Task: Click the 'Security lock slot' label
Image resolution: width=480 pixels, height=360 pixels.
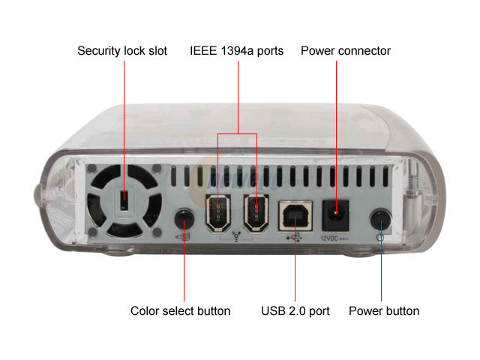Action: [x=122, y=51]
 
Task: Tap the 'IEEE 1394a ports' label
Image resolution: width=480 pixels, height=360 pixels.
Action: [x=236, y=51]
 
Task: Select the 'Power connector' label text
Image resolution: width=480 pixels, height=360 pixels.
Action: [x=346, y=51]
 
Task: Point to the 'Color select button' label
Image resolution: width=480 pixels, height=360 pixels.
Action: [x=180, y=311]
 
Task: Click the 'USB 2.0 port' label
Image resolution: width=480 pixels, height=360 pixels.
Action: [x=295, y=311]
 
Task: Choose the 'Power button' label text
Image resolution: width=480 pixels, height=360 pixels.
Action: [x=384, y=311]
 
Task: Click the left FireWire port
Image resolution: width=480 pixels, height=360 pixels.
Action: [x=218, y=213]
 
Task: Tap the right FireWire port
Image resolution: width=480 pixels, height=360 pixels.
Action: [x=256, y=213]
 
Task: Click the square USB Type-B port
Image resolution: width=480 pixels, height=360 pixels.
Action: [x=295, y=216]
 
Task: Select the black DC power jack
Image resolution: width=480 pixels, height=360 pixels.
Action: [x=335, y=215]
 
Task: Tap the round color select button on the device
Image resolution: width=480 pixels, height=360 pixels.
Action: [x=184, y=219]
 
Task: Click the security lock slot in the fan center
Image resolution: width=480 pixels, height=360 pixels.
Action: [x=124, y=200]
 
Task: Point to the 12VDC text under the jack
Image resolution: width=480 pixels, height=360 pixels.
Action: [x=329, y=238]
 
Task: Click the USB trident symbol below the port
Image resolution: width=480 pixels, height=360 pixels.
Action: [x=295, y=238]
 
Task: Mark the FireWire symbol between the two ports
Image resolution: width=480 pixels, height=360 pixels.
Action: [x=236, y=236]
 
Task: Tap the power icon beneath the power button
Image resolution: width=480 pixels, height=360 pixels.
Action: [x=380, y=237]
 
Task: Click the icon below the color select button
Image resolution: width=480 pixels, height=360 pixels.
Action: [x=183, y=237]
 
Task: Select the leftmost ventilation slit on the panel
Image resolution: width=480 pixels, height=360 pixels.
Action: [x=173, y=176]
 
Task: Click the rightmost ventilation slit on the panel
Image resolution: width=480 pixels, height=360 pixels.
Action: [x=385, y=176]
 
